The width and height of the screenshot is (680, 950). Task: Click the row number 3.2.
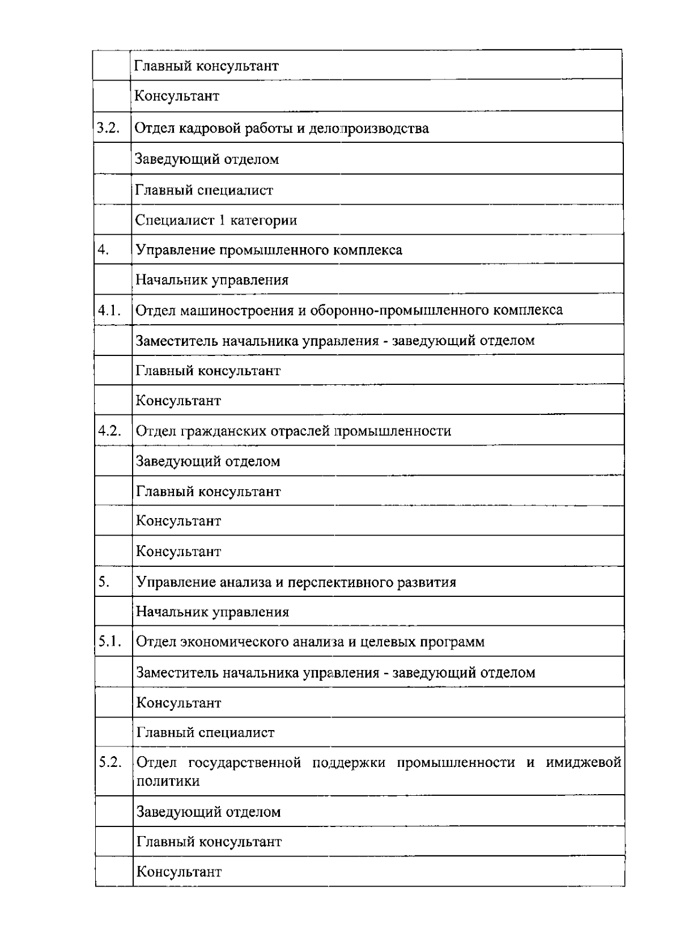[108, 128]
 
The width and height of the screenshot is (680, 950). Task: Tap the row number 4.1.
[109, 310]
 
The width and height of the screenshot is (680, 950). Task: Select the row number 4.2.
[110, 430]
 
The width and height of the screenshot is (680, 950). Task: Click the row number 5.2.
[110, 762]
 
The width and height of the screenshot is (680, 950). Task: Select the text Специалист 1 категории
[216, 220]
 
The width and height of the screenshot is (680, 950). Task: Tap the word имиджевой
[583, 762]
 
